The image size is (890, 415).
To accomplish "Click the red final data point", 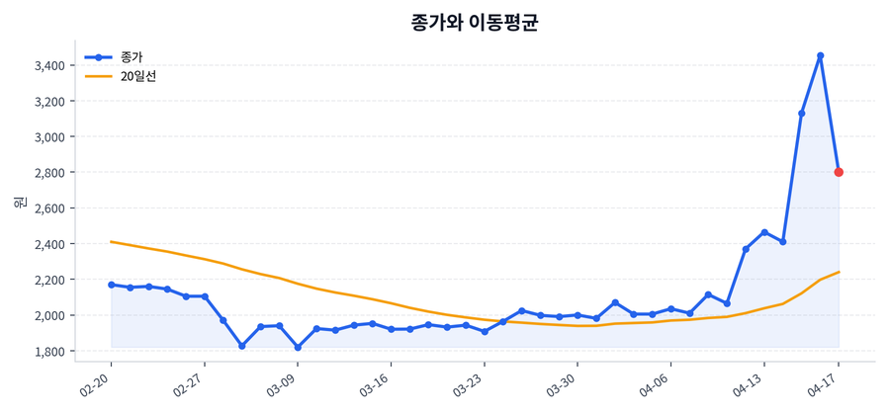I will pos(839,172).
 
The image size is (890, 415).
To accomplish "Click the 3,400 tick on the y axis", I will pos(48,66).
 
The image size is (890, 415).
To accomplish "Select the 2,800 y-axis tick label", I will pos(48,173).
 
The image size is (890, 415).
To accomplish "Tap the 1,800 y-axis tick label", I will pos(48,352).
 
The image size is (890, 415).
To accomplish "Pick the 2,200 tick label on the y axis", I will pos(48,280).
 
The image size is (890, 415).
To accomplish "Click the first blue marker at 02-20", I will pos(111,285).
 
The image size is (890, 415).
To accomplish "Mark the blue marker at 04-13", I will pos(764,232).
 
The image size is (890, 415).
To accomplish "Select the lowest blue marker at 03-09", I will pos(298,348).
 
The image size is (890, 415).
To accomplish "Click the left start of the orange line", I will pos(111,241).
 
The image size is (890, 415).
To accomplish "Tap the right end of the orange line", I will pos(839,272).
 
